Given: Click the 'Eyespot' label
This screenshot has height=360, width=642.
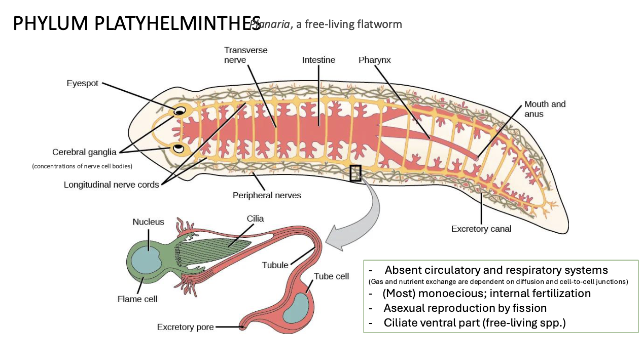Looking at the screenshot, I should click(x=83, y=83).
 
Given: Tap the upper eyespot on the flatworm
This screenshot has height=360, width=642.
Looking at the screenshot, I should click(x=180, y=112).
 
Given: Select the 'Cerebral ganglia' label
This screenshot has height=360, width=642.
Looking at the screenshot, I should click(x=84, y=152).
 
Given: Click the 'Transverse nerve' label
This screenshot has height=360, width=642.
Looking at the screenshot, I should click(x=245, y=55).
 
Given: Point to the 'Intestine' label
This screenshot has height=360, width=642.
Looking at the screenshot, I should click(x=318, y=60).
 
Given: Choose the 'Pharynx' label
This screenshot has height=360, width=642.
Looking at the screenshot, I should click(x=374, y=60).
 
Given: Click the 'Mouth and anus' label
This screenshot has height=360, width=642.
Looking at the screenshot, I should click(x=545, y=109).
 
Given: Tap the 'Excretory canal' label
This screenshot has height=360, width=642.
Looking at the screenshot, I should click(x=481, y=229).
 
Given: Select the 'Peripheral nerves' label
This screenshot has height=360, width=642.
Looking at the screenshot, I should click(x=266, y=195).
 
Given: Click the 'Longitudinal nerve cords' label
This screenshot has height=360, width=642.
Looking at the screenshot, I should click(x=111, y=185).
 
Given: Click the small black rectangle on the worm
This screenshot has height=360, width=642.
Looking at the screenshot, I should click(x=355, y=173).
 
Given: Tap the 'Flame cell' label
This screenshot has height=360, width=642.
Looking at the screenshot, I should click(x=137, y=299).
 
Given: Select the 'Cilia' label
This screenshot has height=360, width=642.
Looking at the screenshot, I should click(x=256, y=219).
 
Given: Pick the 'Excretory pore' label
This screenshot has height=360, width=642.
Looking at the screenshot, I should click(x=185, y=327).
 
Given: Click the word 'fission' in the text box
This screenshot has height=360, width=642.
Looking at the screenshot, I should click(x=528, y=308).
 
